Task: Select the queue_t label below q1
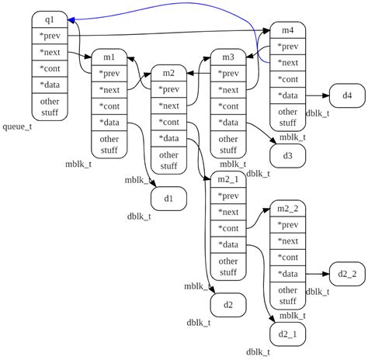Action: tap(18, 126)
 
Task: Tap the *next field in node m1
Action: tap(109, 89)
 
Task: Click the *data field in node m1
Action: tap(109, 122)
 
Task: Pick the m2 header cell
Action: tap(168, 73)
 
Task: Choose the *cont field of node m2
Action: tap(168, 122)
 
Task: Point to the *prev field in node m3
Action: tap(228, 74)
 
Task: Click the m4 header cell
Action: tap(287, 30)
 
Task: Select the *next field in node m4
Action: tap(287, 63)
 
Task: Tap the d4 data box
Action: tap(346, 95)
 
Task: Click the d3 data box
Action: tap(287, 156)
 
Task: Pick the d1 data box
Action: tap(168, 199)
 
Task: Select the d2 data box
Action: tap(228, 304)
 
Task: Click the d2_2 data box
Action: tap(346, 273)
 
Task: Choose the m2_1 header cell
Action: tap(228, 180)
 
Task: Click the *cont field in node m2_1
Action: tap(228, 228)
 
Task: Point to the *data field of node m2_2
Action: tap(287, 273)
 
